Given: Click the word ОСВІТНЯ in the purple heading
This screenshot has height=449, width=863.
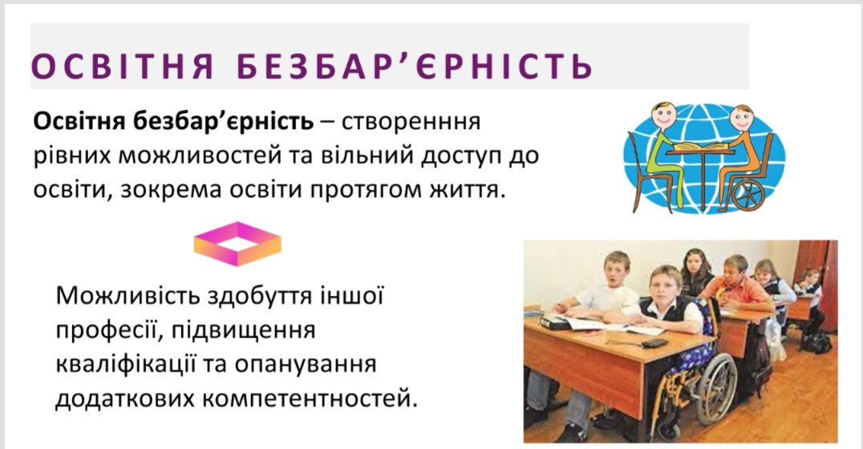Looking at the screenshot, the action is point(122,66).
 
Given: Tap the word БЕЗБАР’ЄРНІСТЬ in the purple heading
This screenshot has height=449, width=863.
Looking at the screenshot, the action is point(415,66).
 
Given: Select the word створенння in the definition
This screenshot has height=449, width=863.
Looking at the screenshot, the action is point(411,122).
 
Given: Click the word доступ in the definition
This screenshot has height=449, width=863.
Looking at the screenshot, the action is point(459,157).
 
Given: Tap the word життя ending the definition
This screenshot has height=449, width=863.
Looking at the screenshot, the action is point(468,190).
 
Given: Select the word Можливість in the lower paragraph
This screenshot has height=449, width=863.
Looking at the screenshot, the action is point(128,296).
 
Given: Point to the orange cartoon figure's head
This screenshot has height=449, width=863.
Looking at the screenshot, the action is point(741,117).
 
